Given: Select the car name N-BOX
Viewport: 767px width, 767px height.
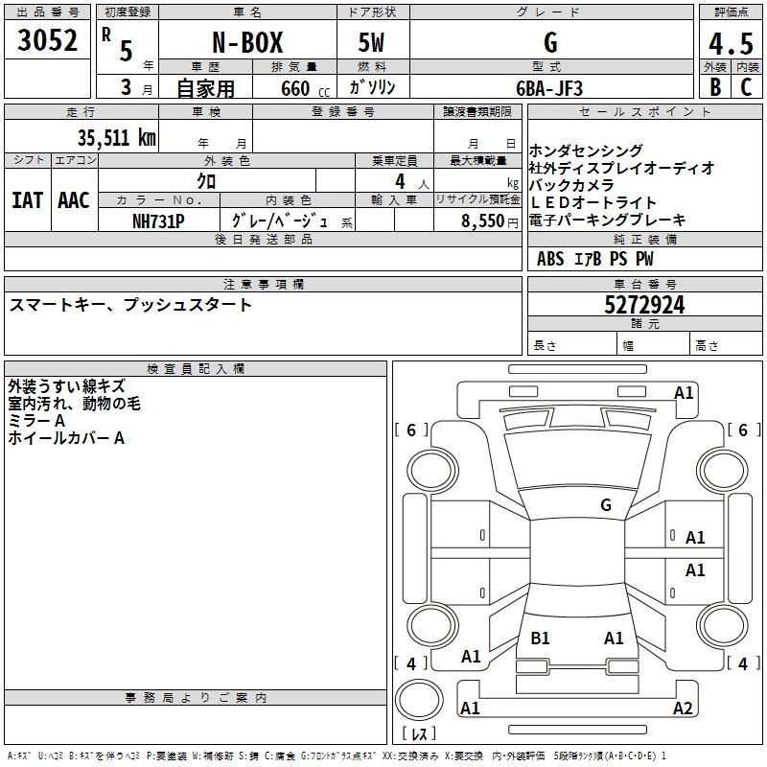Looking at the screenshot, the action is click(245, 43).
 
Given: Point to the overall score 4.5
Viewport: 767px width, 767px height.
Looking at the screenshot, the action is click(731, 44).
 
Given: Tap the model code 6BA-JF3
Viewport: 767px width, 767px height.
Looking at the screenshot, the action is click(549, 87).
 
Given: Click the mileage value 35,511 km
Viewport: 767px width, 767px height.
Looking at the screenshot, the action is click(116, 136).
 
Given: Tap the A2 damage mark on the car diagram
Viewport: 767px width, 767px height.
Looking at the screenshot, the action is click(683, 709).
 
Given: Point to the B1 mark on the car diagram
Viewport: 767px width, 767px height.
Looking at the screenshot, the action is click(540, 638).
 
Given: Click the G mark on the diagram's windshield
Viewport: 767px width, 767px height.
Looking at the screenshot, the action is click(605, 504).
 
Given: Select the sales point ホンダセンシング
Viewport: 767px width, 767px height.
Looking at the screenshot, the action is click(586, 151).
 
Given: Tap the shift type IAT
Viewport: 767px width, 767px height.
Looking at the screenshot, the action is click(27, 200).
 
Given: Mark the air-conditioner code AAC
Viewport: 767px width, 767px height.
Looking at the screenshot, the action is click(74, 200).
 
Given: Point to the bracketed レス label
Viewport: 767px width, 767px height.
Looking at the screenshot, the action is click(423, 734).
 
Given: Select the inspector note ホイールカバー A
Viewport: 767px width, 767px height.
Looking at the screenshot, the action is click(66, 438).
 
